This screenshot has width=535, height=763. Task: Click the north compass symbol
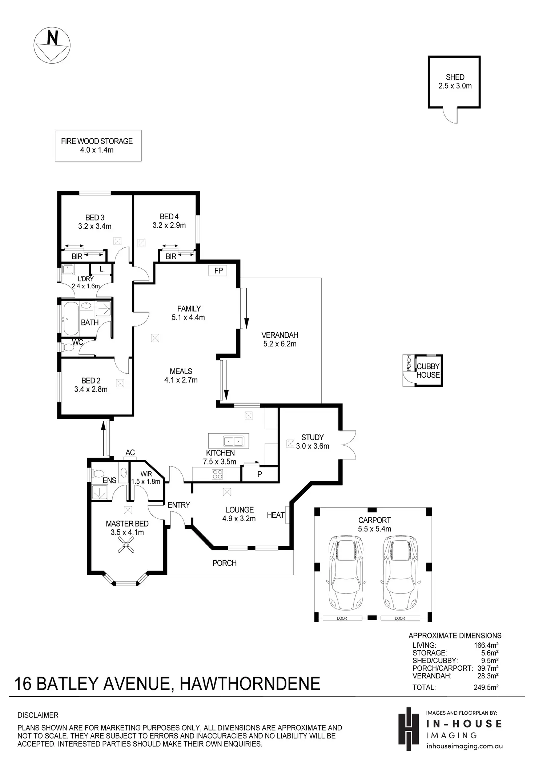point(52,46)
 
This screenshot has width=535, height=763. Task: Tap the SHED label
point(455,77)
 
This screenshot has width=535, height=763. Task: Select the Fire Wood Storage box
point(98,146)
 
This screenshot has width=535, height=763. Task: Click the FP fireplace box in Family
point(218,271)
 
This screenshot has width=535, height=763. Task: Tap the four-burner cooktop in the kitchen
point(217,474)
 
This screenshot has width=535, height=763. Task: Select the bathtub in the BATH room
point(71,318)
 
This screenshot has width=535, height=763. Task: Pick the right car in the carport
point(401,572)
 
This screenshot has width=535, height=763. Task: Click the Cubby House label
point(428,371)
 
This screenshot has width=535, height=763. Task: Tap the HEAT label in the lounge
point(275,515)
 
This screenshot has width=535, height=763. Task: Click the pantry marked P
point(260,474)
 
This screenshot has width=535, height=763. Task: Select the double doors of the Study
point(348,445)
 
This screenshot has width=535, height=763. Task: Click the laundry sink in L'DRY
point(68,270)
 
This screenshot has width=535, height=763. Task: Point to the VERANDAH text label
point(280,335)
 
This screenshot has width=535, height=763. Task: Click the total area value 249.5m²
point(486,687)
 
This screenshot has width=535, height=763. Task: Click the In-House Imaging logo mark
point(409,729)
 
